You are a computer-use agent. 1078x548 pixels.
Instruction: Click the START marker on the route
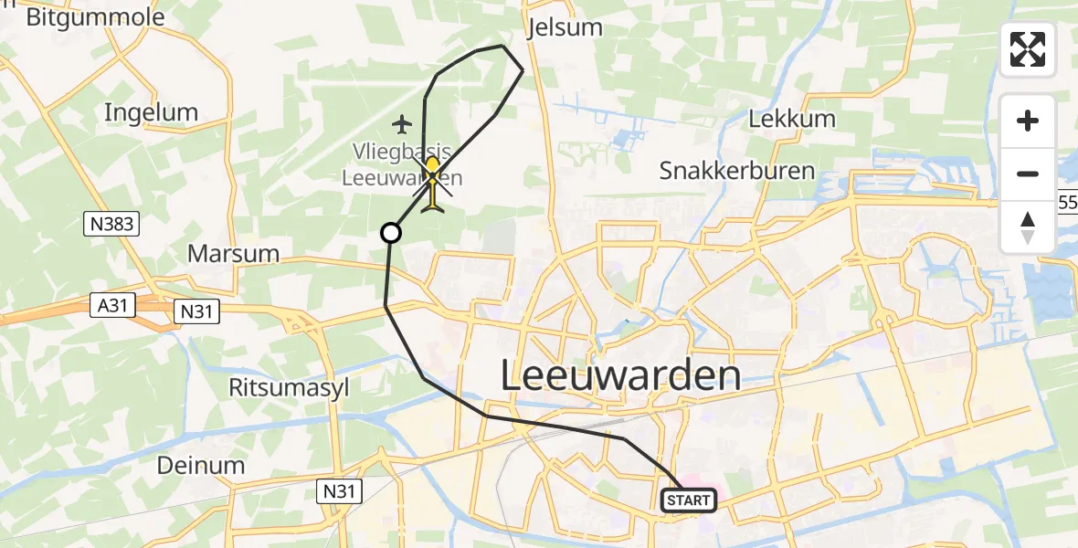(688, 500)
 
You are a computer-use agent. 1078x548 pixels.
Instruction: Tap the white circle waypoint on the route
(390, 233)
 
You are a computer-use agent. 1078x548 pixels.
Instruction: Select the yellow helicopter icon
(433, 184)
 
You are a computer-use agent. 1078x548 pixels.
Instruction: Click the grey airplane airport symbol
(402, 123)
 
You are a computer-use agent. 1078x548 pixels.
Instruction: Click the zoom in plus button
(1028, 121)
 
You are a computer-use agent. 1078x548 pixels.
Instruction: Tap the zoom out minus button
(1028, 174)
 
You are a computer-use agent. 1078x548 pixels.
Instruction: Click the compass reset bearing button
(1028, 227)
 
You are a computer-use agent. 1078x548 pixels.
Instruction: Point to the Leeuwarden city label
(620, 375)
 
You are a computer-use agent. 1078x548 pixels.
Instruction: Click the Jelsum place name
(565, 27)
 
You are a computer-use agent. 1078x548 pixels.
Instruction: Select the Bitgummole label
(96, 16)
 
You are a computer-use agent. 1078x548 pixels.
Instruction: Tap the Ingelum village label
(151, 112)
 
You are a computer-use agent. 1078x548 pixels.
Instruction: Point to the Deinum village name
(200, 465)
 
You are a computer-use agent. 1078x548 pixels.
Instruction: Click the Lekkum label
(792, 119)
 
